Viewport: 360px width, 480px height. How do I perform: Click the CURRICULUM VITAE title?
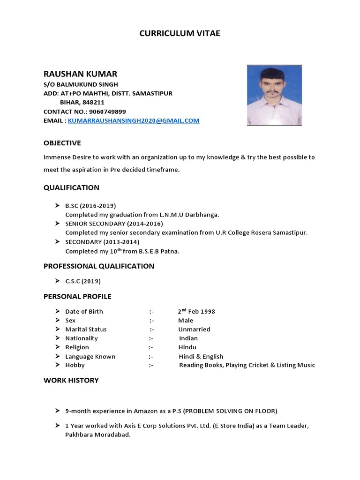click(x=180, y=33)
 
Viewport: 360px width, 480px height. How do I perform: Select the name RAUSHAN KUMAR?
click(x=80, y=74)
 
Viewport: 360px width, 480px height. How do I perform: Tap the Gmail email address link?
click(x=134, y=120)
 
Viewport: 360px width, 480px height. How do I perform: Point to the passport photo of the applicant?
click(x=274, y=95)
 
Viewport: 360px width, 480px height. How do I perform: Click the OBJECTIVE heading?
click(x=62, y=143)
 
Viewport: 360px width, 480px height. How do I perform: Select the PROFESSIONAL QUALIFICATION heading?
click(x=99, y=266)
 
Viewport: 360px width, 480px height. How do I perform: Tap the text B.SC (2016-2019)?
click(x=90, y=206)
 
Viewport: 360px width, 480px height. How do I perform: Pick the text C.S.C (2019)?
click(x=83, y=281)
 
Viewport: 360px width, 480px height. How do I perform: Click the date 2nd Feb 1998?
click(x=196, y=312)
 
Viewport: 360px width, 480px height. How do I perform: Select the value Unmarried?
click(x=194, y=330)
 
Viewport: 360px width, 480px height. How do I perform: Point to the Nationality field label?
click(x=82, y=338)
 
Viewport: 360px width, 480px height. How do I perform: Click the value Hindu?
click(x=187, y=347)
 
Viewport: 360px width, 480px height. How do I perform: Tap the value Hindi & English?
click(x=201, y=357)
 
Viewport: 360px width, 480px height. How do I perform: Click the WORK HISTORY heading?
click(x=71, y=381)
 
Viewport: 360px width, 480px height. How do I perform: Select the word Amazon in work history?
click(x=146, y=411)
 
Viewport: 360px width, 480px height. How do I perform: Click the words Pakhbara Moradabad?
click(x=97, y=435)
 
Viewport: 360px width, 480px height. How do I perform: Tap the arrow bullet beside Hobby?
click(x=57, y=365)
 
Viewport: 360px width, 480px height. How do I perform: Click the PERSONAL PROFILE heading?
click(x=77, y=297)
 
